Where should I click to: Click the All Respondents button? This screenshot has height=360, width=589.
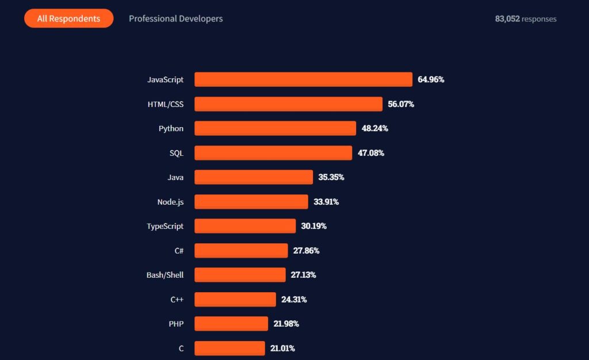(68, 18)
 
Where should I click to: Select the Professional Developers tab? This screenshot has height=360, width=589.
(175, 18)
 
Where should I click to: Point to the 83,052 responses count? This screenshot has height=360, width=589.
(525, 18)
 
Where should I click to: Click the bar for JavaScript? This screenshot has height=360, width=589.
(303, 79)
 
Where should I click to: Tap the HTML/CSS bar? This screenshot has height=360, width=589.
(288, 104)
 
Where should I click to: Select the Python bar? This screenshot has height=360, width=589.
(275, 128)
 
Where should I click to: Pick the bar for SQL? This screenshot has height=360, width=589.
(273, 153)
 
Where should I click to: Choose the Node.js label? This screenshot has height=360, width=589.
(170, 202)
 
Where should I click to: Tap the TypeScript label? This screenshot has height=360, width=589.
(165, 226)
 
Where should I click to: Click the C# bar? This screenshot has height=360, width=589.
(241, 251)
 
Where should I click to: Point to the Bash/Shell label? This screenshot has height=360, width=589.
(165, 275)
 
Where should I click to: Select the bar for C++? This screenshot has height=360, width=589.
(235, 300)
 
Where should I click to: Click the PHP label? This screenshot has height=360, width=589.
(176, 324)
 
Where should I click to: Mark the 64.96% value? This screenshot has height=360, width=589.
(431, 79)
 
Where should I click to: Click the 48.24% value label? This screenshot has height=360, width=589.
(374, 128)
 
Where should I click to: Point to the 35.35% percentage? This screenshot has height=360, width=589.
(331, 177)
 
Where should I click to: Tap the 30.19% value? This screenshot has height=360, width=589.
(313, 226)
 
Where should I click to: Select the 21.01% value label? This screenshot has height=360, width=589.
(282, 348)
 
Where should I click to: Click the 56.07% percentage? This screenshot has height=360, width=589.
(401, 104)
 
